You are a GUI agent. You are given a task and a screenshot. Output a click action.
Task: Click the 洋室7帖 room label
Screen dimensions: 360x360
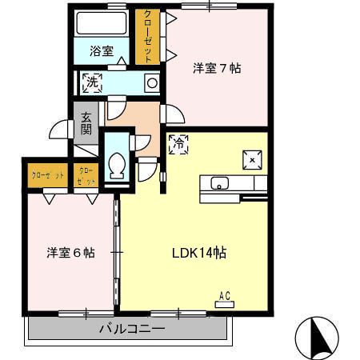pyautogui.click(x=217, y=68)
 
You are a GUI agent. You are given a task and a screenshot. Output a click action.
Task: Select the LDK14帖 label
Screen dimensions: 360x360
pyautogui.click(x=199, y=253)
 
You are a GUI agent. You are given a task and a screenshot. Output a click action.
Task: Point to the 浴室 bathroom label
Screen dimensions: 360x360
pyautogui.click(x=101, y=50)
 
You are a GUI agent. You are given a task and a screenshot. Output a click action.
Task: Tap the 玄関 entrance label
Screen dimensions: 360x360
pyautogui.click(x=86, y=124)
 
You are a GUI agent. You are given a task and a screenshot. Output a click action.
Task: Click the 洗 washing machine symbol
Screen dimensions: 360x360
pyautogui.click(x=92, y=82)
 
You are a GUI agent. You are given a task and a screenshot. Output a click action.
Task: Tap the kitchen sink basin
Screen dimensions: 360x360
pyautogui.click(x=219, y=183)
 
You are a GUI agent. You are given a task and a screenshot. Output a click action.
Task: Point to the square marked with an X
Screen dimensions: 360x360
pyautogui.click(x=252, y=159)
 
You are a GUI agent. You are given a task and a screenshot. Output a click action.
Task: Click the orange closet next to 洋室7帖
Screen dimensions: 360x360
pyautogui.click(x=147, y=37)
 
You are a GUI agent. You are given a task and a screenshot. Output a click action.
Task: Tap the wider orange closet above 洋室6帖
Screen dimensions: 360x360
pyautogui.click(x=47, y=174)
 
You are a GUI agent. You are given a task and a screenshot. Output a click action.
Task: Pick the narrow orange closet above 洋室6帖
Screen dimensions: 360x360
pyautogui.click(x=86, y=175)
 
